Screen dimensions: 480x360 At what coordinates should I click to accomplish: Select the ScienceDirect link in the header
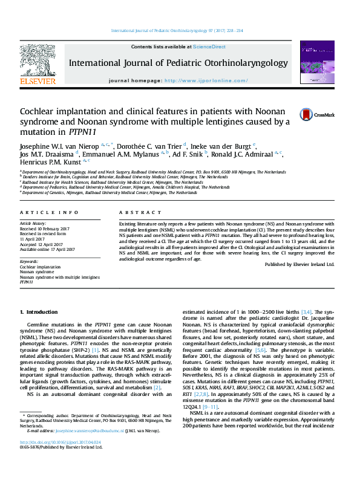pos(209,47)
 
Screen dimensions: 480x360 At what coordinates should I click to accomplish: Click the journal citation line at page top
pos(177,30)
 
